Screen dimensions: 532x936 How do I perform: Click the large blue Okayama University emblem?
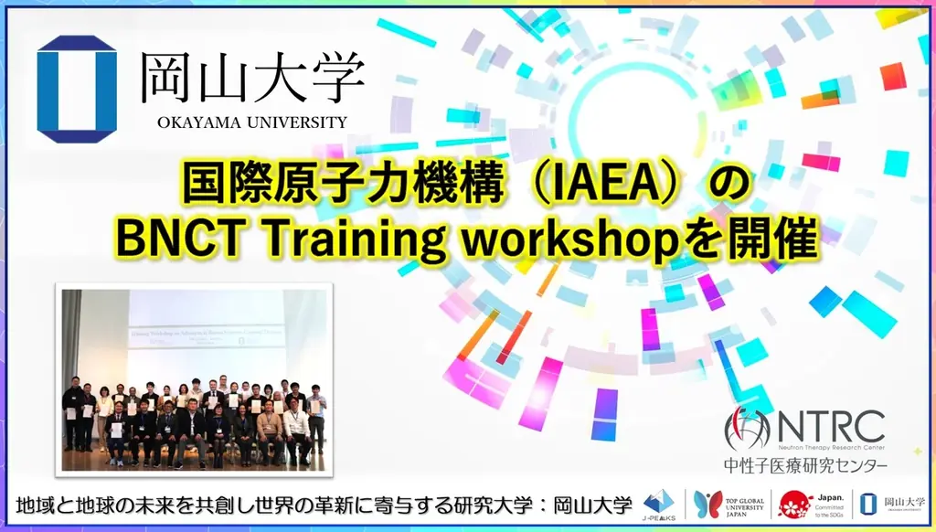click(77, 89)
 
